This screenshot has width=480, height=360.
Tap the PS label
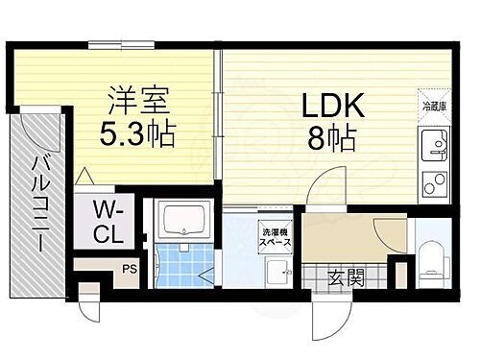tap(129, 270)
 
